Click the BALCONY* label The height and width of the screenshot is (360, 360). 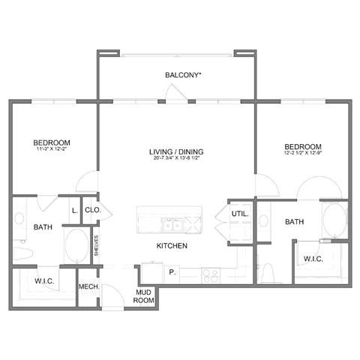(184, 75)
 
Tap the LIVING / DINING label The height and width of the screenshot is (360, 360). (176, 151)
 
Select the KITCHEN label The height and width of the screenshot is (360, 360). (172, 246)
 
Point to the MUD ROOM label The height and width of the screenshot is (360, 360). (145, 295)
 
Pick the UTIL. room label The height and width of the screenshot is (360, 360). (240, 214)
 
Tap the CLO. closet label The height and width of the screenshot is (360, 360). (93, 211)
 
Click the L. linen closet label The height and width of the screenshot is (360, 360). (73, 211)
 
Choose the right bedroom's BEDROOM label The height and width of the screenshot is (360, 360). (302, 146)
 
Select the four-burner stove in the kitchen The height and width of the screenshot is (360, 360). (208, 274)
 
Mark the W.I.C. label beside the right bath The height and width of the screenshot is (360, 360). (313, 259)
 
